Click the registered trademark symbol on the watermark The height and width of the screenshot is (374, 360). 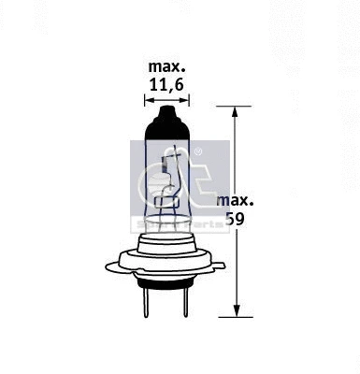click(198, 151)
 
